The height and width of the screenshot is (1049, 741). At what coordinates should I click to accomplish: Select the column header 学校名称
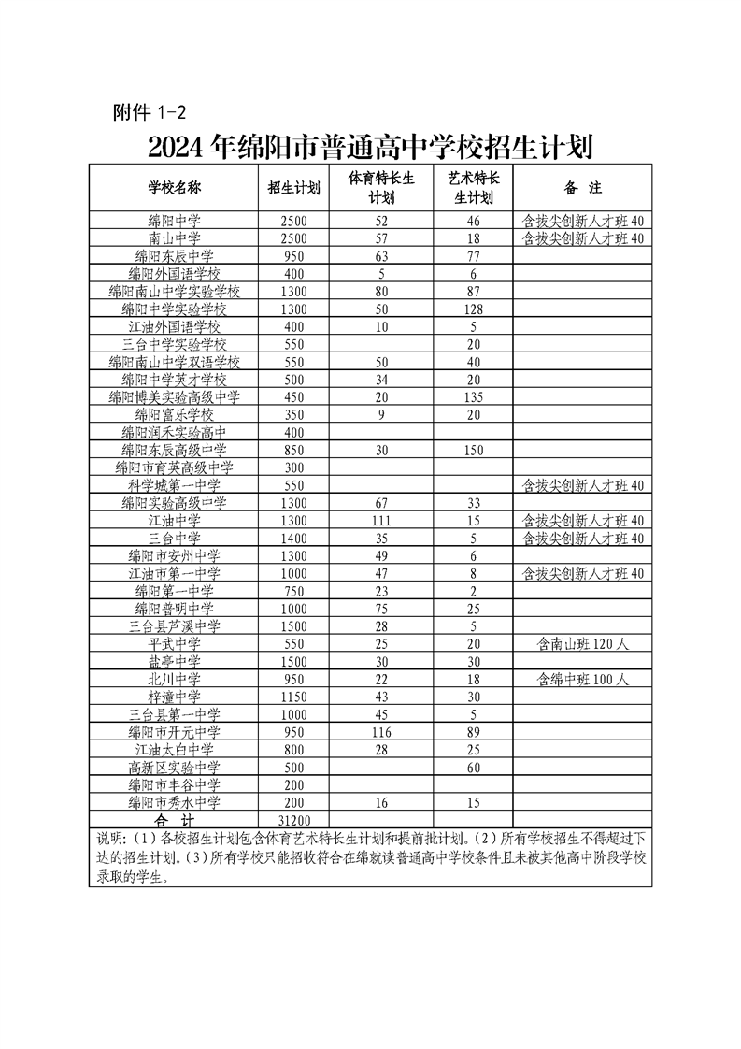coord(175,187)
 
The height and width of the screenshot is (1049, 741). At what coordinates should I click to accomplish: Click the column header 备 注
coord(581,187)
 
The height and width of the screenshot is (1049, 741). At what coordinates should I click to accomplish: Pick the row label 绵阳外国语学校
coord(175,273)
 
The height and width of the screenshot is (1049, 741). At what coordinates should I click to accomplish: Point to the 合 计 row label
coord(175,820)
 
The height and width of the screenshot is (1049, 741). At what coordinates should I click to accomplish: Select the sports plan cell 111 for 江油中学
coord(380,520)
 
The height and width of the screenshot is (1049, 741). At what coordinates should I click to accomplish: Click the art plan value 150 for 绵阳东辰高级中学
coord(474,450)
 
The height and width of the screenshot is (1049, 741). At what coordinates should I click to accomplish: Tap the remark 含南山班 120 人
coord(582,643)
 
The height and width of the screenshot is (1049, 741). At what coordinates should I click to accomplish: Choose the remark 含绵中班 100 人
coord(582,679)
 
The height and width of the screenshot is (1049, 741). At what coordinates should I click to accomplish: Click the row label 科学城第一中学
coord(175,485)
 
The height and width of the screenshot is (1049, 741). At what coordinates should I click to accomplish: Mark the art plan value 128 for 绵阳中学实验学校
coord(474,309)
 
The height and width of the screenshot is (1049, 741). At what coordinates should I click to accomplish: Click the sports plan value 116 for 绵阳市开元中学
coord(380,731)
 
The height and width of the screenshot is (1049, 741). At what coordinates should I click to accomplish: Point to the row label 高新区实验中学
coord(175,767)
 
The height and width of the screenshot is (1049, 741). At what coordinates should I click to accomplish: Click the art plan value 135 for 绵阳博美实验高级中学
coord(474,396)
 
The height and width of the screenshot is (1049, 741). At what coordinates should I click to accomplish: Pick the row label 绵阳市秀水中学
coord(175,802)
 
